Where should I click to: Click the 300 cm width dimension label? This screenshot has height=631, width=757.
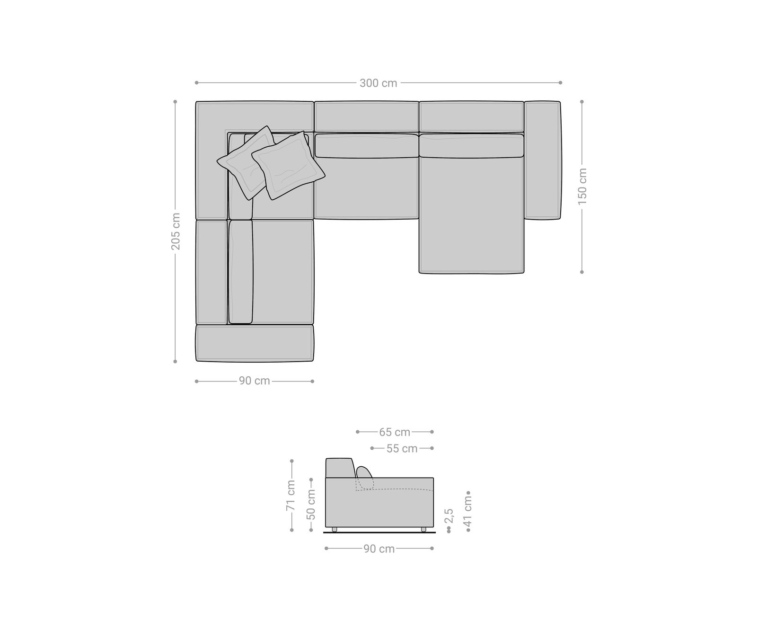point(378,83)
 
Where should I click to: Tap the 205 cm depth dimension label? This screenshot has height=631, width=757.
point(176,231)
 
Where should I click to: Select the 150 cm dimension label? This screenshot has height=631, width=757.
point(582,186)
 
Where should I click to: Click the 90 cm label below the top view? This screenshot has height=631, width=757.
point(254,381)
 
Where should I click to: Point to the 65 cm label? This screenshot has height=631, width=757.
point(394,432)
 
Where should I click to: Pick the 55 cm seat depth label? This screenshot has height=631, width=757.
point(402,448)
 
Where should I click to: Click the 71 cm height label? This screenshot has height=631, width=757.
point(291,495)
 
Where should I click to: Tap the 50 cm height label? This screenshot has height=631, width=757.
point(311,504)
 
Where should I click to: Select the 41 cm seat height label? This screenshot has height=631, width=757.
point(468,511)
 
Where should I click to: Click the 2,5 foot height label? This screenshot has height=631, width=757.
point(449,515)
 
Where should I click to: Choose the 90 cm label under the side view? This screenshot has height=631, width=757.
point(379,549)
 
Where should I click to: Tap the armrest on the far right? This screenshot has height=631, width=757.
point(542,160)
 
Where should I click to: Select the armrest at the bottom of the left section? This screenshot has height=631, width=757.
point(255,343)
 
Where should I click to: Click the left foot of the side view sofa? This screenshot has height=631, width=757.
point(334,529)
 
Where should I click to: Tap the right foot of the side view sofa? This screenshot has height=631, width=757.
point(423,529)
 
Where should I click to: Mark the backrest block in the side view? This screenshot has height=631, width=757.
point(339,468)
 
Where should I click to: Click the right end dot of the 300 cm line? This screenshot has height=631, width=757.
point(560,83)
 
